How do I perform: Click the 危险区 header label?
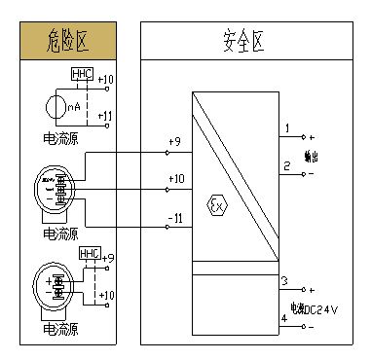67,41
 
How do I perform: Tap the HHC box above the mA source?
83,75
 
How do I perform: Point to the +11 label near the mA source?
106,116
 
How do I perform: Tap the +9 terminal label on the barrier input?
174,143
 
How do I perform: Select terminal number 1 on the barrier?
286,128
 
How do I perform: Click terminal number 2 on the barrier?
286,165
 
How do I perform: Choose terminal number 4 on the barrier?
283,317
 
